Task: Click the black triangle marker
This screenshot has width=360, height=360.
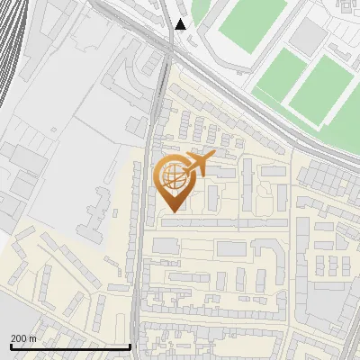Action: point(181,24)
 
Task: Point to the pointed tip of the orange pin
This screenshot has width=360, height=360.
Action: point(172,211)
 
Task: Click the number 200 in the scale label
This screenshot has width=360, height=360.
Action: point(19,338)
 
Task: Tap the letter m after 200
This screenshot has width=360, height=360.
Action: point(33,338)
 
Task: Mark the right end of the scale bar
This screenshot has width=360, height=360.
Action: point(130,346)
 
